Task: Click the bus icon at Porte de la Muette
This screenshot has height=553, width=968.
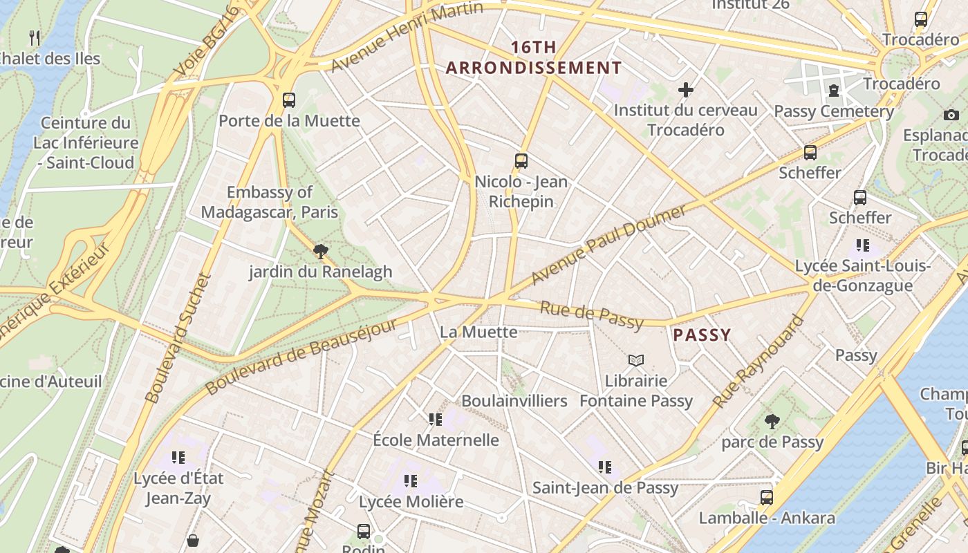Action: tap(289, 100)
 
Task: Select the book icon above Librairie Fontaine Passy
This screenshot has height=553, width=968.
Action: tap(635, 360)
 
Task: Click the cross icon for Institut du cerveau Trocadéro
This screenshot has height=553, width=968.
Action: tap(685, 90)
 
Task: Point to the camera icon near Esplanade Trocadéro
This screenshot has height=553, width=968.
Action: tap(951, 115)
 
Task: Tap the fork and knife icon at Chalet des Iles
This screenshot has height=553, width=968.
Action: tap(35, 37)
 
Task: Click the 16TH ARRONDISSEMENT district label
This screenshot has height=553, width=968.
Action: tap(534, 57)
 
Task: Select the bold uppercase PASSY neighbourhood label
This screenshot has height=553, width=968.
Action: tap(702, 335)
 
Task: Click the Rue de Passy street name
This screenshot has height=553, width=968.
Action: tap(591, 315)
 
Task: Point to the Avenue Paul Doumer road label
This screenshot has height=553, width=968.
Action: tap(608, 244)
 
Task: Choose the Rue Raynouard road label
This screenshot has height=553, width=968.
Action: tap(758, 362)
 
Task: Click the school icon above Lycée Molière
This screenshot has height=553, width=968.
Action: tap(411, 481)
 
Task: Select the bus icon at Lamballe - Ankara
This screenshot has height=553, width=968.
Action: tap(766, 497)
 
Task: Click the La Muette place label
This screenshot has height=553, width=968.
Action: tap(478, 332)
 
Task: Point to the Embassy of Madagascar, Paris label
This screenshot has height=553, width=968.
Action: tap(270, 202)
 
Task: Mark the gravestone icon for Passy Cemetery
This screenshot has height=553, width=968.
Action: tap(834, 90)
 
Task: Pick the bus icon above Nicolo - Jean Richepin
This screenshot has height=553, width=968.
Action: tap(521, 161)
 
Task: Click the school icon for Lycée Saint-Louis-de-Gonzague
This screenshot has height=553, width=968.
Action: tap(862, 245)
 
